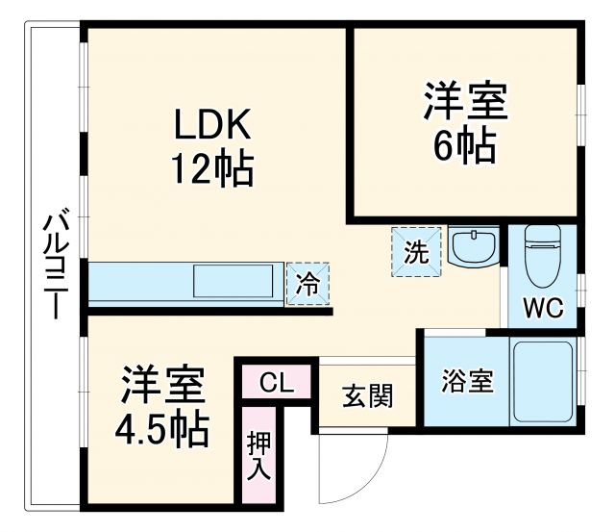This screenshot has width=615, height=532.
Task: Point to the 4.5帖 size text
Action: pos(164,430)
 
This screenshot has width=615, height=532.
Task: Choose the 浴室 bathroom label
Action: pos(467,381)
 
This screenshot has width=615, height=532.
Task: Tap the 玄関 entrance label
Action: pos(367,395)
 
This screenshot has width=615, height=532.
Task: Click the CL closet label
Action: pos(277,383)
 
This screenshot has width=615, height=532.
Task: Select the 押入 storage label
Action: pos(260,457)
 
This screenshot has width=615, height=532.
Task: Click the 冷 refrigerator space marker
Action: pos(307,284)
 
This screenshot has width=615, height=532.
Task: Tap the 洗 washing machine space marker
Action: pos(416,251)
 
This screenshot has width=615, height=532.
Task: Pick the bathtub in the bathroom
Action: pos(543,380)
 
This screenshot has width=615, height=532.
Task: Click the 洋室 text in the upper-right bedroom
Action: pos(465,103)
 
